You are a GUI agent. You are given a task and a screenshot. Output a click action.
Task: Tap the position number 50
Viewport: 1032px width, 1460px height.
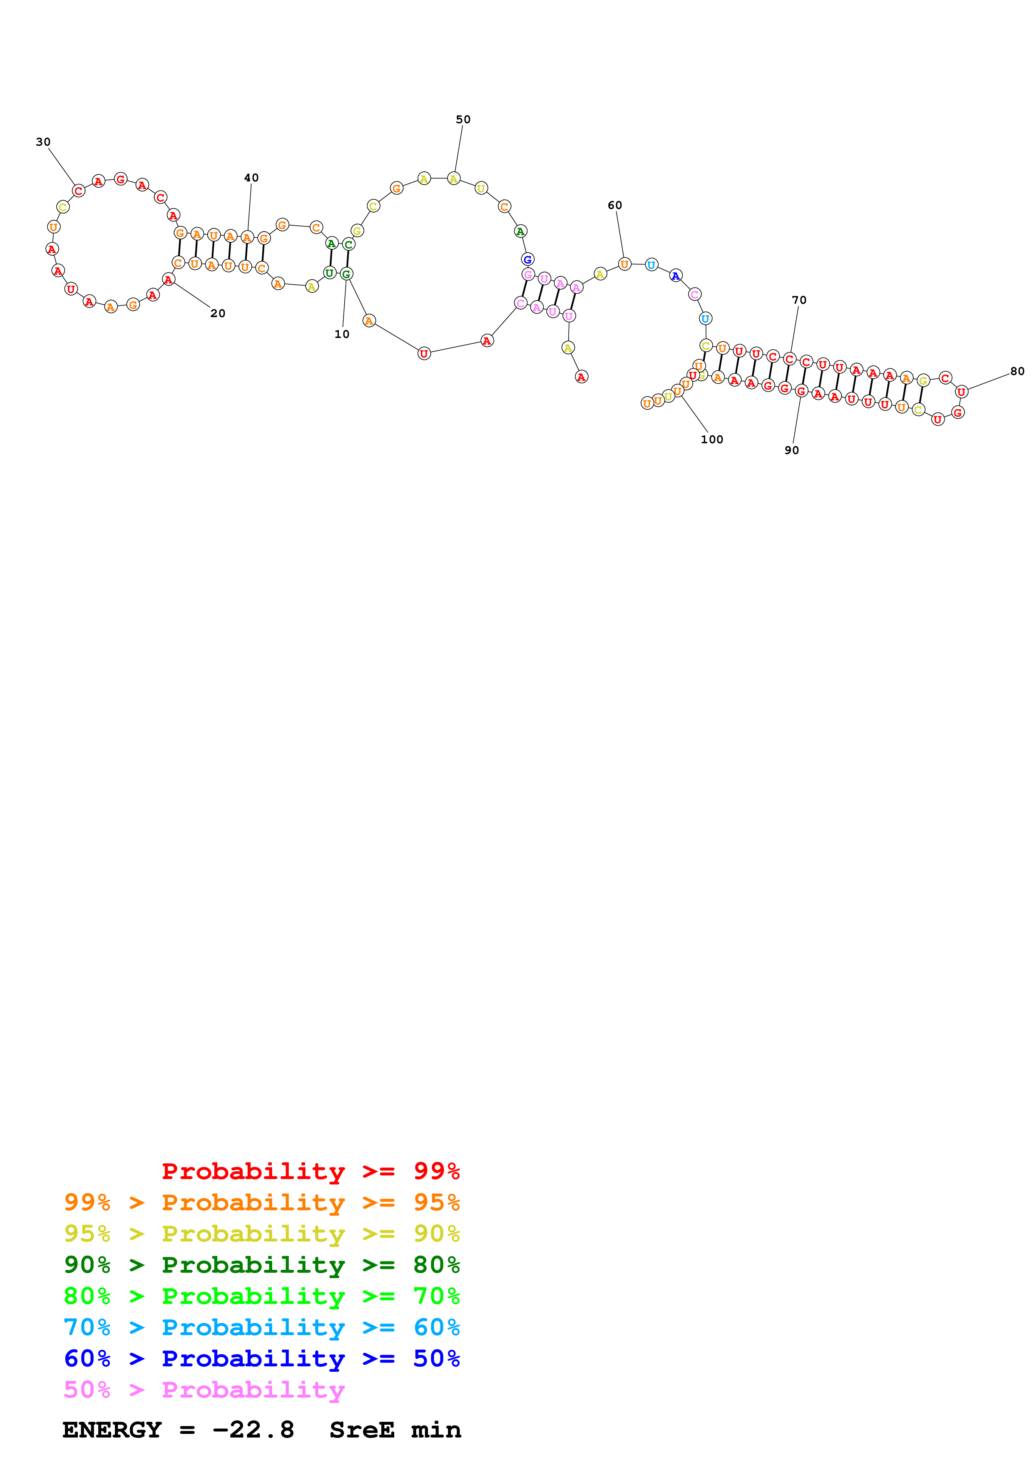463,119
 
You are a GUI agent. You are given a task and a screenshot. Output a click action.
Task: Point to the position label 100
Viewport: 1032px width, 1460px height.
711,439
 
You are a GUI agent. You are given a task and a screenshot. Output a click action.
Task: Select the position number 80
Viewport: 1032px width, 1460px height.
1017,371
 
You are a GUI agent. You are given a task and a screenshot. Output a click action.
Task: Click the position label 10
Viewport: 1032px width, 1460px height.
341,335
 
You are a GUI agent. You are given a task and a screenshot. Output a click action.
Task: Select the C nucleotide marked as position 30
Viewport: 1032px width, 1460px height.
78,191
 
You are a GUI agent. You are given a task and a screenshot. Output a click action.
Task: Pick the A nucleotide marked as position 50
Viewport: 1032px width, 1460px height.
453,179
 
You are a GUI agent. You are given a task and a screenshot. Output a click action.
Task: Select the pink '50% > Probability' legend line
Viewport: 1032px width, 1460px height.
204,1390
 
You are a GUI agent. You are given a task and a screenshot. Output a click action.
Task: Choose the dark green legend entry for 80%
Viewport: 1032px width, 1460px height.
261,1265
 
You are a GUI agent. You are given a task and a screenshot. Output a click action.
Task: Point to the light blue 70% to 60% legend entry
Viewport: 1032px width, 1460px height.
261,1327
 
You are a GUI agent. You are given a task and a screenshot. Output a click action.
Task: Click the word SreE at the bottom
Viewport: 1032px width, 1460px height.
361,1430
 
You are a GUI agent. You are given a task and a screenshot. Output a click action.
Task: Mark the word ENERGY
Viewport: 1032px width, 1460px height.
112,1430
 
